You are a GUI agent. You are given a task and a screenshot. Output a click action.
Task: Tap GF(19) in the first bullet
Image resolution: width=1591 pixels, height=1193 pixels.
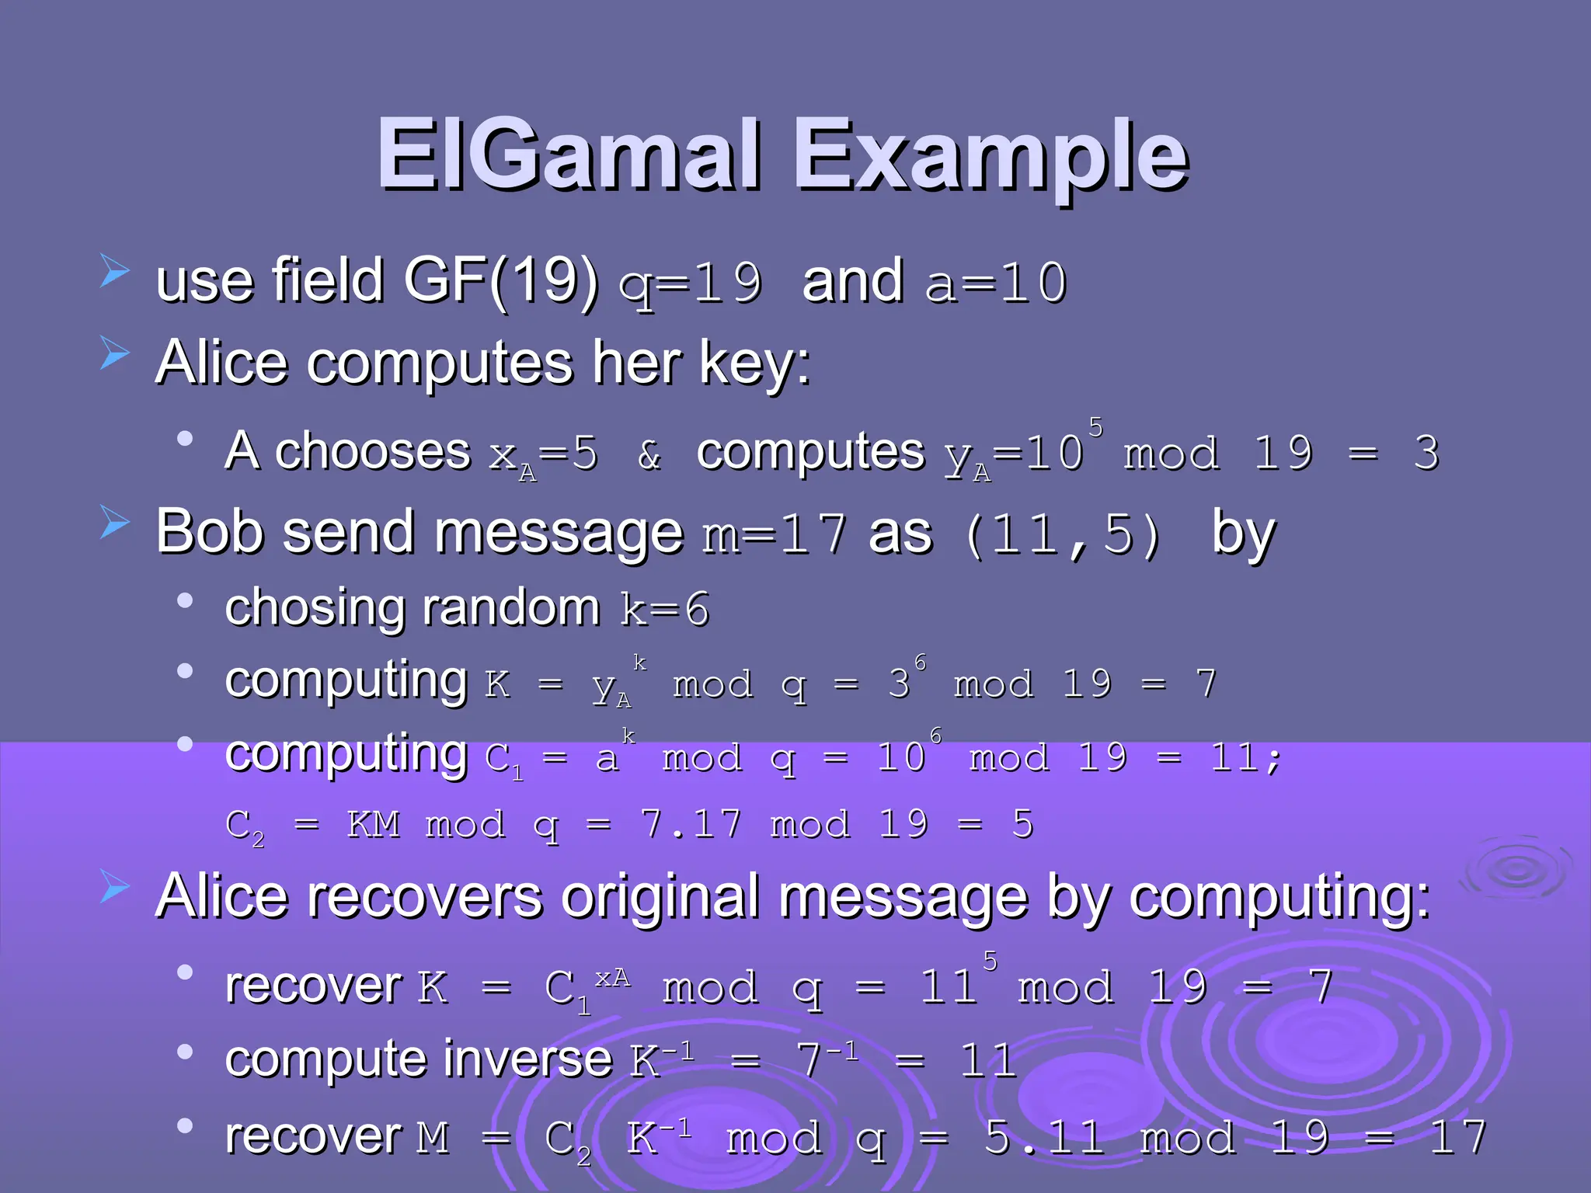(501, 281)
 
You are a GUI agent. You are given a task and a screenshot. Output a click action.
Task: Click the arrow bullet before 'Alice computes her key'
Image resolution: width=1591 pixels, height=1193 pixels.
(115, 354)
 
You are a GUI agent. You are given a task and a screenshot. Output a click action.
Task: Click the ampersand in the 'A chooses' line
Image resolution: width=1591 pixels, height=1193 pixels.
(649, 455)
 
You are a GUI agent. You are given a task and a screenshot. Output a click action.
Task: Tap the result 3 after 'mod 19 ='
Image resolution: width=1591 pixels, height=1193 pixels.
(1426, 452)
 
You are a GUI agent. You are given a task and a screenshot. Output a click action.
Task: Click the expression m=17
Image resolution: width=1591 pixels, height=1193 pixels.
(774, 534)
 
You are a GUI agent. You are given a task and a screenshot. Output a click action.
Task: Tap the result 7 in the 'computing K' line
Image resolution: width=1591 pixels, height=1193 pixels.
(1206, 684)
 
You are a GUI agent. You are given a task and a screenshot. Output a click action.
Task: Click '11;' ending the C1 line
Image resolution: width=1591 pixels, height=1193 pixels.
(1246, 757)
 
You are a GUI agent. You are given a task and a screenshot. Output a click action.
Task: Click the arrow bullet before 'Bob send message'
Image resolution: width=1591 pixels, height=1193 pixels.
(115, 523)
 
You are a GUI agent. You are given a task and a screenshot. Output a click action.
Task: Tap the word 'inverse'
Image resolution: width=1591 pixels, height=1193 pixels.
(529, 1059)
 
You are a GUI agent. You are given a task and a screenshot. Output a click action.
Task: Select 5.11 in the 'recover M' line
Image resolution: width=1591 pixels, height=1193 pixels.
(1043, 1138)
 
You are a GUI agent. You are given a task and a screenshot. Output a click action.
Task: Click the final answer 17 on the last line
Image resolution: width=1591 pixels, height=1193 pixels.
(1458, 1138)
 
